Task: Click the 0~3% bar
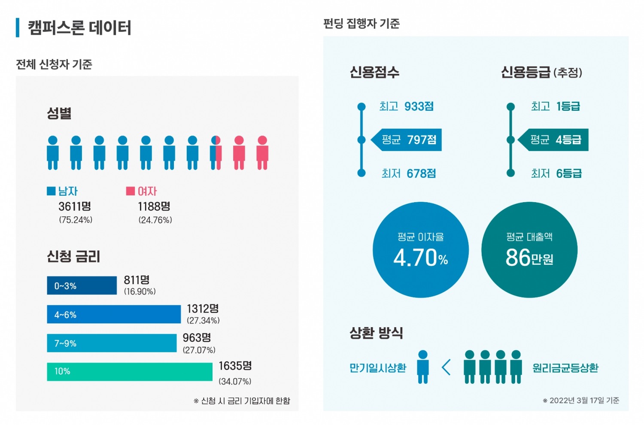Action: tap(82, 285)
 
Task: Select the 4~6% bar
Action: tap(114, 314)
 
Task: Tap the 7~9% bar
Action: tap(112, 343)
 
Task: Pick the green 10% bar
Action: tap(129, 371)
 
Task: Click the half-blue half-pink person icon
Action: tap(216, 153)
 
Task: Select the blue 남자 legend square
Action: tap(51, 191)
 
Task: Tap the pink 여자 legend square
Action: tap(131, 191)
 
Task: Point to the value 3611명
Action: tap(75, 206)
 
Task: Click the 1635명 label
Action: tap(235, 366)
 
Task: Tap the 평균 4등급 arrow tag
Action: tap(554, 140)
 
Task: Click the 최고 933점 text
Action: tap(406, 106)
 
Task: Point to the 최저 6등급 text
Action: tap(556, 173)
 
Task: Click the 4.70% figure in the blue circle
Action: tap(420, 258)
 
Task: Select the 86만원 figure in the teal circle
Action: tap(529, 258)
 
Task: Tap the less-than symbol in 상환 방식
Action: tap(446, 367)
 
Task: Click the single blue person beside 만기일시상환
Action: tap(423, 367)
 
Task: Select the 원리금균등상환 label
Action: tap(565, 368)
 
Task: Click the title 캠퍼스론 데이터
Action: tap(79, 28)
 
